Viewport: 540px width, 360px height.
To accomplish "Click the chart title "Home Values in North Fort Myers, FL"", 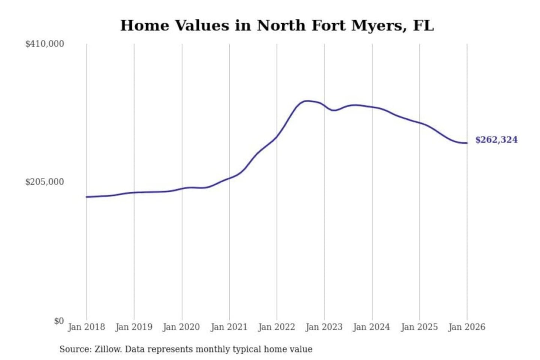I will (277, 25).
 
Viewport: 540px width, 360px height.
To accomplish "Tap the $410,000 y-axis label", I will (45, 44).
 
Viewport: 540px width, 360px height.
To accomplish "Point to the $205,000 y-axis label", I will (45, 182).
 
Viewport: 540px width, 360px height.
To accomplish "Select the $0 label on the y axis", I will (58, 321).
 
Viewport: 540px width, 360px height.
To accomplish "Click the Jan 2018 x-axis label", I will (86, 327).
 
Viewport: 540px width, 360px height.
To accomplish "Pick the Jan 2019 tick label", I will (134, 327).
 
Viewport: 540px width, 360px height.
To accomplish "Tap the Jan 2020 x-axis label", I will (181, 327).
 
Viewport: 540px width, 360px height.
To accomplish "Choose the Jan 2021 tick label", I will (229, 327).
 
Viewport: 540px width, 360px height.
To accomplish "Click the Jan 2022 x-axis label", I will (277, 327).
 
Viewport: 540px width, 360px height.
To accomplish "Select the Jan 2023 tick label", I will (324, 327).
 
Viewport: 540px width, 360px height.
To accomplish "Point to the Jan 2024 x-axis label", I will (372, 327).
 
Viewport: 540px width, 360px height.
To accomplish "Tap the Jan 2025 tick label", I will (419, 327).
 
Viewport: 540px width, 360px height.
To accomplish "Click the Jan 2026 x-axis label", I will (467, 327).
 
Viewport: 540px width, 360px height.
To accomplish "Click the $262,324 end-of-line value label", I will (496, 140).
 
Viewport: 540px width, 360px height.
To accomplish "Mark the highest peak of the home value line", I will (307, 101).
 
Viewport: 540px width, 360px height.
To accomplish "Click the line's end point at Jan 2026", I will (467, 143).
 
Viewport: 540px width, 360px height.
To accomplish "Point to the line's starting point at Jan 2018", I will (87, 197).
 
